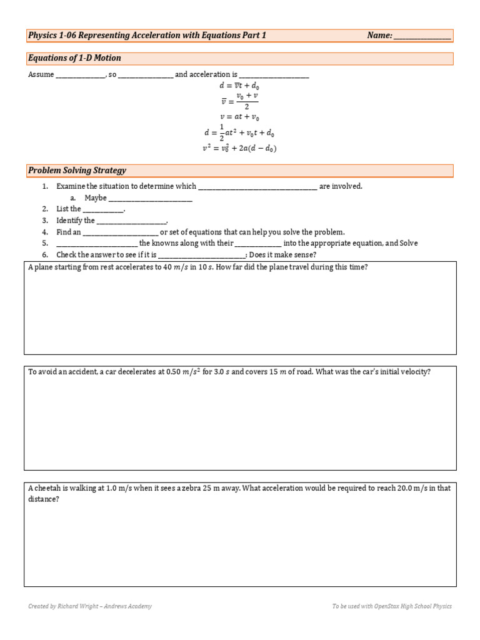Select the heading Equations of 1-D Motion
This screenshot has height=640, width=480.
pos(74,58)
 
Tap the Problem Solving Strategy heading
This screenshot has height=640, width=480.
pos(77,171)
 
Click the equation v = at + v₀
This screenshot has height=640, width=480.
pos(239,116)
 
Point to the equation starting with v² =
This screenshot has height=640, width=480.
pos(239,149)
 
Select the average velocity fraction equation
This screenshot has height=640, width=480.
pos(239,101)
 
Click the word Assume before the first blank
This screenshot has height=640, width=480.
pos(41,74)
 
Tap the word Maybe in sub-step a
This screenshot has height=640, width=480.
pos(96,197)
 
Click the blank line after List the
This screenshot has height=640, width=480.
pos(103,209)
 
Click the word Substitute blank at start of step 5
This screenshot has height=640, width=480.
pos(96,243)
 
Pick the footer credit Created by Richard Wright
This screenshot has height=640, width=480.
pos(90,606)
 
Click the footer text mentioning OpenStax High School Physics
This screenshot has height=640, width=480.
pos(392,606)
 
